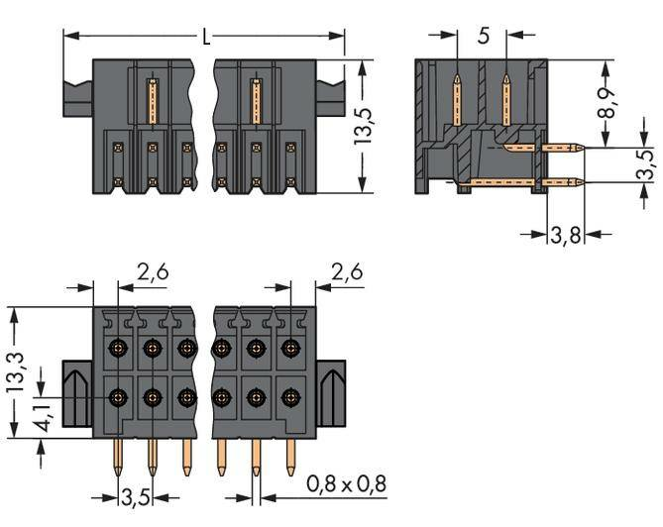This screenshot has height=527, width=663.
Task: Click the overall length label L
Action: click(205, 39)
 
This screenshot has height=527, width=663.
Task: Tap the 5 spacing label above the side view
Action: click(483, 37)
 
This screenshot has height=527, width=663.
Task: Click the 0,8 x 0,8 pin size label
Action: click(346, 484)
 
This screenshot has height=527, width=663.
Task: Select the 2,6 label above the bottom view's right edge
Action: click(346, 270)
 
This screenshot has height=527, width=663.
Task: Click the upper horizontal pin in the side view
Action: click(544, 149)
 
